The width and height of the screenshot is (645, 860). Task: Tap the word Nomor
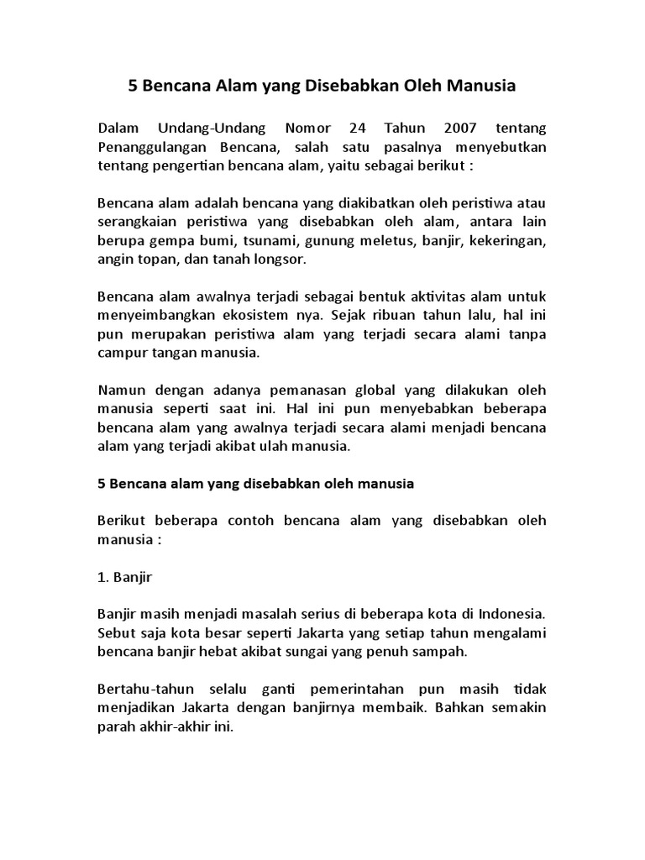(x=294, y=128)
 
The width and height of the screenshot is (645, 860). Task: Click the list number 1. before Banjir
(x=104, y=578)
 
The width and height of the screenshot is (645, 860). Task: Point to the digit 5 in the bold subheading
(x=102, y=484)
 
